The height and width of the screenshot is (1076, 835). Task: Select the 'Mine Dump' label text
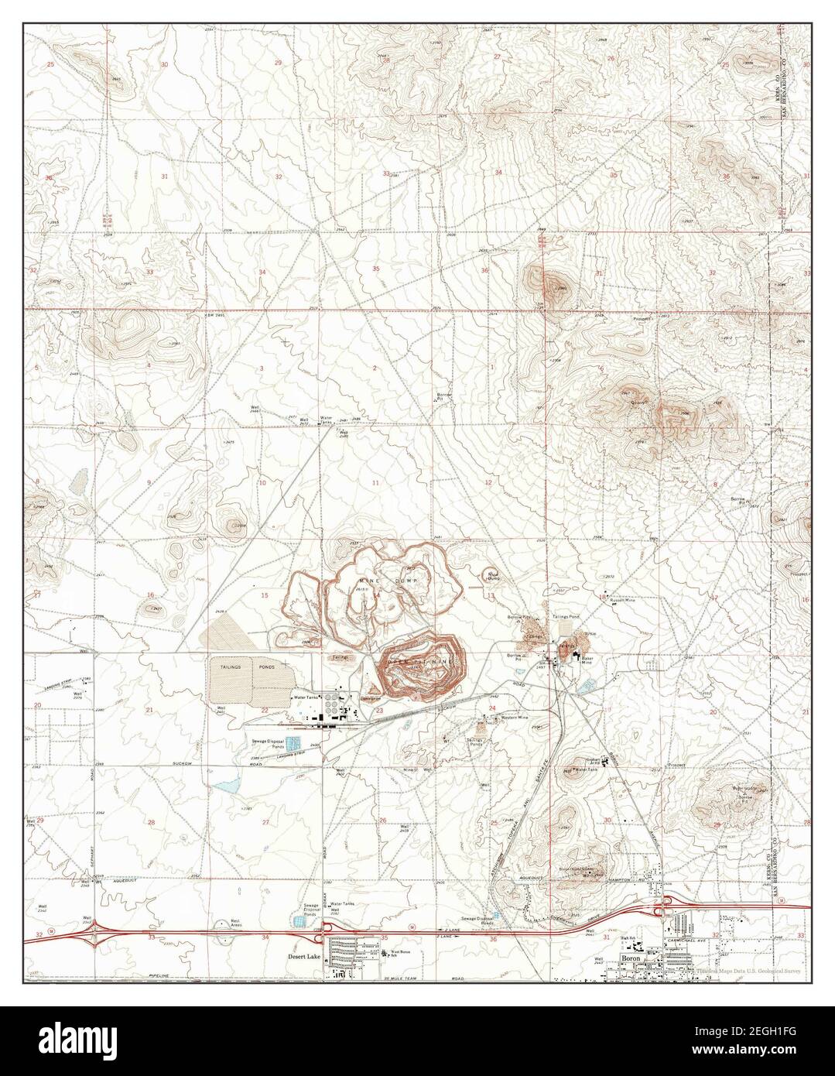point(388,580)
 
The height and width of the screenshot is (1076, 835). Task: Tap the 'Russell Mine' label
point(622,600)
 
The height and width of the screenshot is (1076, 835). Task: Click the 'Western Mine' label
point(514,718)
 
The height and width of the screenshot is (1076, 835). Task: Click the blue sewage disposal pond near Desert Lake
point(299,921)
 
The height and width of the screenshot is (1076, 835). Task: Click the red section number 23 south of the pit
point(379,710)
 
